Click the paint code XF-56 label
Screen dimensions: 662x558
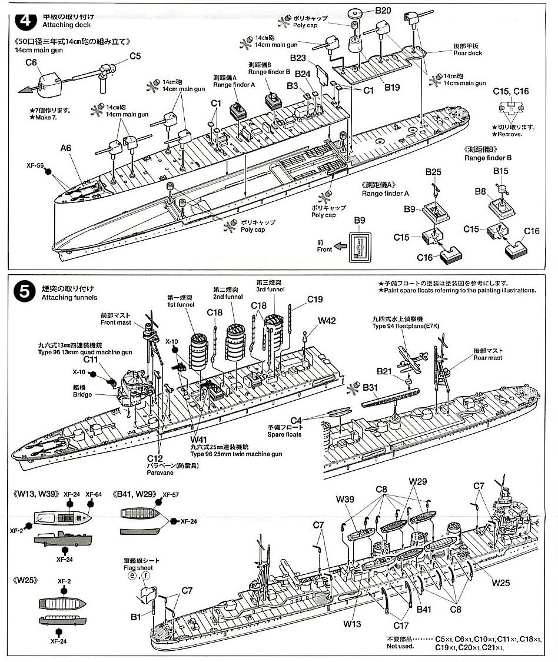35,167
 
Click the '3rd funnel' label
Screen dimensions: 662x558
270,289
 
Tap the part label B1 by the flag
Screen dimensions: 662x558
136,617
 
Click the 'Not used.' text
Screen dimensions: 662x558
400,646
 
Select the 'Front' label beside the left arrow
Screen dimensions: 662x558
324,249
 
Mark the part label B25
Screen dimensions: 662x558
434,171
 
